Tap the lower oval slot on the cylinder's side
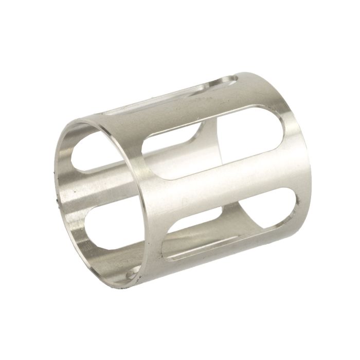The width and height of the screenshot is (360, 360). click(231, 226)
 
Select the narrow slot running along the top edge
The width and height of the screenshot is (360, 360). click(170, 95)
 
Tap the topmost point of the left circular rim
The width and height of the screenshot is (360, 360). click(77, 122)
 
